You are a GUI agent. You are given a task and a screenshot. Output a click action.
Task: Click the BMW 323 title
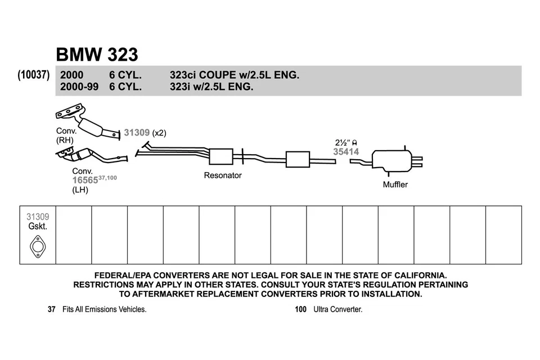[97, 55]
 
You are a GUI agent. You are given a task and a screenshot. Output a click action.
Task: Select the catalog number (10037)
[34, 75]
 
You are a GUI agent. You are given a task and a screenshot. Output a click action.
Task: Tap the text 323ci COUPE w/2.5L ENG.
[234, 75]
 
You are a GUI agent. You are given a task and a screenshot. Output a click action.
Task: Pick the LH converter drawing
[90, 155]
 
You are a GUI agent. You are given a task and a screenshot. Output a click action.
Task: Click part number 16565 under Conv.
[85, 180]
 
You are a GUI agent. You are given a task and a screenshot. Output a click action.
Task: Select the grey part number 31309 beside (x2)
[137, 133]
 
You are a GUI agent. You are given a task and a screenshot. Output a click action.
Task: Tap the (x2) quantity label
[159, 133]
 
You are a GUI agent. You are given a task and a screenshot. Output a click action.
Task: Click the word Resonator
[222, 175]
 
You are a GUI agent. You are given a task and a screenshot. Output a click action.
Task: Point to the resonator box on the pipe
[220, 157]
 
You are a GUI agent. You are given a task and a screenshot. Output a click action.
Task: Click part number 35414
[346, 151]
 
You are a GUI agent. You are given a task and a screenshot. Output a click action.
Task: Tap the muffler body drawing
[392, 161]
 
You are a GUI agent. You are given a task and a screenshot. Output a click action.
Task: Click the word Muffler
[395, 184]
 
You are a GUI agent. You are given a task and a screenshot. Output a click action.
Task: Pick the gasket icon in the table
[38, 246]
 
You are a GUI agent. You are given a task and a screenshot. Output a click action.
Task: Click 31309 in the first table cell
[38, 217]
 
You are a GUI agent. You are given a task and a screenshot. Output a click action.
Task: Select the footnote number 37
[52, 309]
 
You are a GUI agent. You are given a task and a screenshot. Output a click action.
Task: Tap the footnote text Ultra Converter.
[338, 309]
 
